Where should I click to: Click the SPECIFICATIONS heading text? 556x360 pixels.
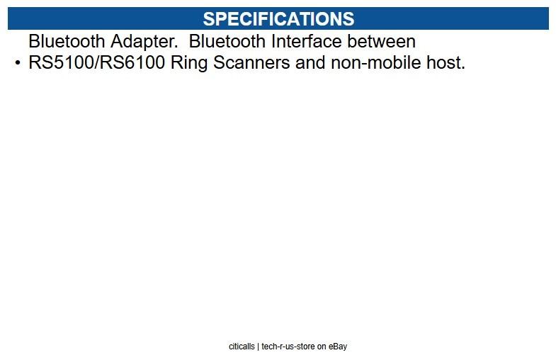tap(278, 18)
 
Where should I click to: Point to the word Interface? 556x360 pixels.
tap(302, 42)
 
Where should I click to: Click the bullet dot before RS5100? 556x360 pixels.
tap(18, 64)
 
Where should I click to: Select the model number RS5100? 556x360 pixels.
tap(62, 63)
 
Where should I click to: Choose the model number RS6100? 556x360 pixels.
tap(135, 63)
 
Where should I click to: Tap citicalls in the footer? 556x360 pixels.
tap(242, 347)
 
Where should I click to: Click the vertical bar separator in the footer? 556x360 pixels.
tap(258, 347)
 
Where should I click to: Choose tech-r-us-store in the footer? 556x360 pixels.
tap(289, 347)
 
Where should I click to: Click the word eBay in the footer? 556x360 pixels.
tap(338, 347)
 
